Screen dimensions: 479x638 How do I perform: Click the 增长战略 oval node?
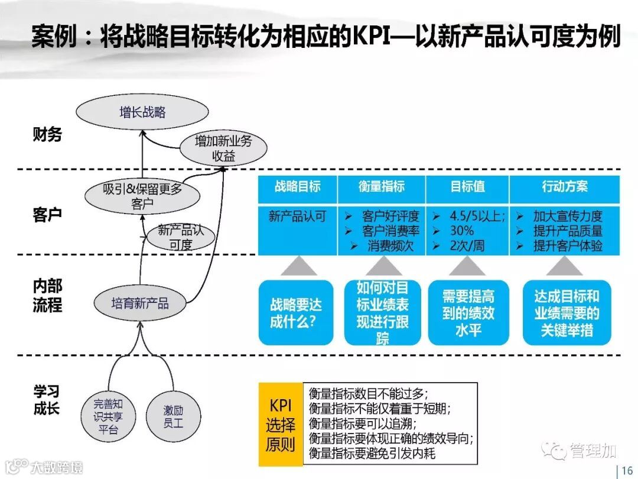(x=142, y=112)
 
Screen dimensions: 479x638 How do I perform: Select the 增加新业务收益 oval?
(x=223, y=148)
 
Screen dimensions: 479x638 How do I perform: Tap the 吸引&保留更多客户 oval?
(x=142, y=197)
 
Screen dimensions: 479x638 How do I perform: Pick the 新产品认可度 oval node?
(x=181, y=237)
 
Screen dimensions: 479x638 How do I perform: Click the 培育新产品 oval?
(x=140, y=303)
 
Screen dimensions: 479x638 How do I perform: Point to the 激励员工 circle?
(x=174, y=416)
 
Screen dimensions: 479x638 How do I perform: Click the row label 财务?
(x=47, y=135)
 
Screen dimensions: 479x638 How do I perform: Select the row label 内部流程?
(x=47, y=296)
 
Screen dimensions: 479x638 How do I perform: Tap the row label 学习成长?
(x=47, y=400)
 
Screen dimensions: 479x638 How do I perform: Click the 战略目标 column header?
(x=298, y=187)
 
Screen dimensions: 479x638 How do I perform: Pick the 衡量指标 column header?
(x=382, y=187)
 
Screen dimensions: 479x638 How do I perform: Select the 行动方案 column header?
(x=565, y=187)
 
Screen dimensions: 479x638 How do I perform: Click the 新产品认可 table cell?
(x=297, y=216)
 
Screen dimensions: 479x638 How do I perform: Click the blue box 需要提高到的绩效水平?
(x=468, y=313)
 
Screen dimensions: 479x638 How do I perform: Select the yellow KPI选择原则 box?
(x=282, y=424)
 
